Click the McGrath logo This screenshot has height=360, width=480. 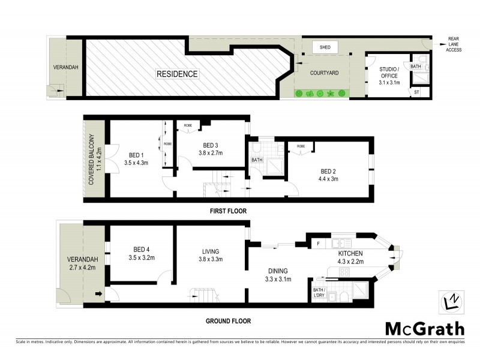click(424, 328)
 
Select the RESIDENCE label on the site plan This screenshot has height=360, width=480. click(177, 74)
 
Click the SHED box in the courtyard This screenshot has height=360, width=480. click(325, 47)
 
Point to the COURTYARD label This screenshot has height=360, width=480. click(325, 73)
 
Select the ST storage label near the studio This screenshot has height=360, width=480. click(416, 92)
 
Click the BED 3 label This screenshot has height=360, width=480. click(209, 146)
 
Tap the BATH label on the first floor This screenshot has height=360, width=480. click(257, 160)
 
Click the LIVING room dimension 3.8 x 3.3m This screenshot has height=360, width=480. click(210, 260)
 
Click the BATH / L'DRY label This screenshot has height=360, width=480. click(319, 292)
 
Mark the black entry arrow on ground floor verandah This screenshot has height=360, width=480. click(98, 294)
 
